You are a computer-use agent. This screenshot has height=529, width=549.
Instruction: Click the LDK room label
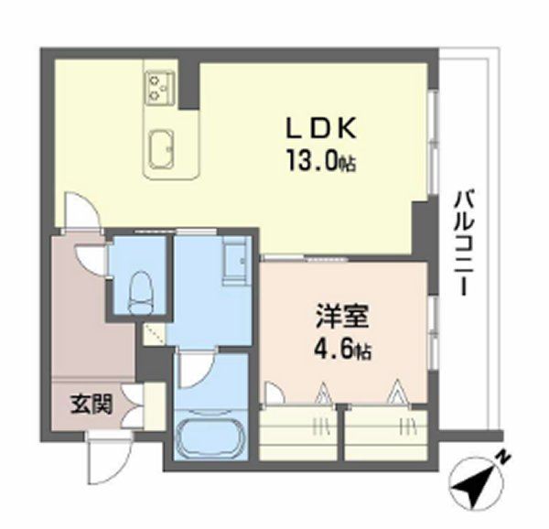tap(321, 128)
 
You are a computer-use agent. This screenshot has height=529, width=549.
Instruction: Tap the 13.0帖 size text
tap(321, 160)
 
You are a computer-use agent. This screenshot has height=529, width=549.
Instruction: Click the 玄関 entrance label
tap(91, 405)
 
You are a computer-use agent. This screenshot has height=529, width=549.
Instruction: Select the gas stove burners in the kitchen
tap(159, 88)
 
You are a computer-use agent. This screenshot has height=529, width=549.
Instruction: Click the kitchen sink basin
tap(161, 148)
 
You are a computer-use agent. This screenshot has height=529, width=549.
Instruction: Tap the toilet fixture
tap(141, 293)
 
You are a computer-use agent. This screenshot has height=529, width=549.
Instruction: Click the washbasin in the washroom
tap(236, 259)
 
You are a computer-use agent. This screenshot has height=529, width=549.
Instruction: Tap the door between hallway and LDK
tap(82, 211)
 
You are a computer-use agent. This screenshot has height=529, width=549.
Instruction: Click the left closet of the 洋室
tap(298, 434)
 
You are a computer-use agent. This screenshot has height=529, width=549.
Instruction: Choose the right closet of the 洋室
tap(386, 434)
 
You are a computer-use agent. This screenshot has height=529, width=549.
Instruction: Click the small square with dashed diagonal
tap(155, 334)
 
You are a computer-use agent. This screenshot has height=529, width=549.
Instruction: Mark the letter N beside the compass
tap(503, 458)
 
